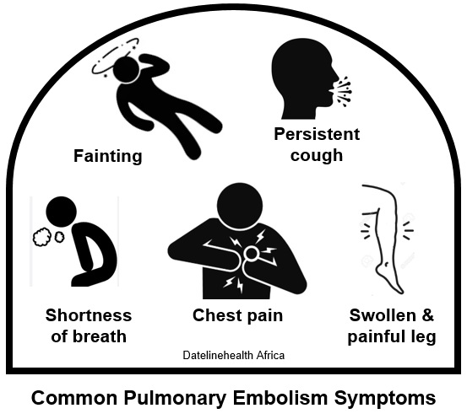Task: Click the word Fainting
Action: [108, 157]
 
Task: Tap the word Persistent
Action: [317, 134]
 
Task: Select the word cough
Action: [317, 155]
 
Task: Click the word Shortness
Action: [89, 315]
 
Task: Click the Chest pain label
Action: [237, 315]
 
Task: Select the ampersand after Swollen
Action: [427, 315]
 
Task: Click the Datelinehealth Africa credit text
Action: [233, 355]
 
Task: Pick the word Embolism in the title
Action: [280, 398]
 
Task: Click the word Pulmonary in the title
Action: [175, 399]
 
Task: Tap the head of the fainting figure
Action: [127, 70]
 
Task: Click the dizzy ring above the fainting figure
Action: [98, 64]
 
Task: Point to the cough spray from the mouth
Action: [344, 91]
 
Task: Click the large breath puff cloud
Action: [42, 237]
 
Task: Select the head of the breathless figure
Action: [62, 212]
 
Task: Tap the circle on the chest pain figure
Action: [252, 254]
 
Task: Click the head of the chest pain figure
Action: [240, 206]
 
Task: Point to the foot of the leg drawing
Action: [390, 279]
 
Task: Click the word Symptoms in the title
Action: [385, 399]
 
